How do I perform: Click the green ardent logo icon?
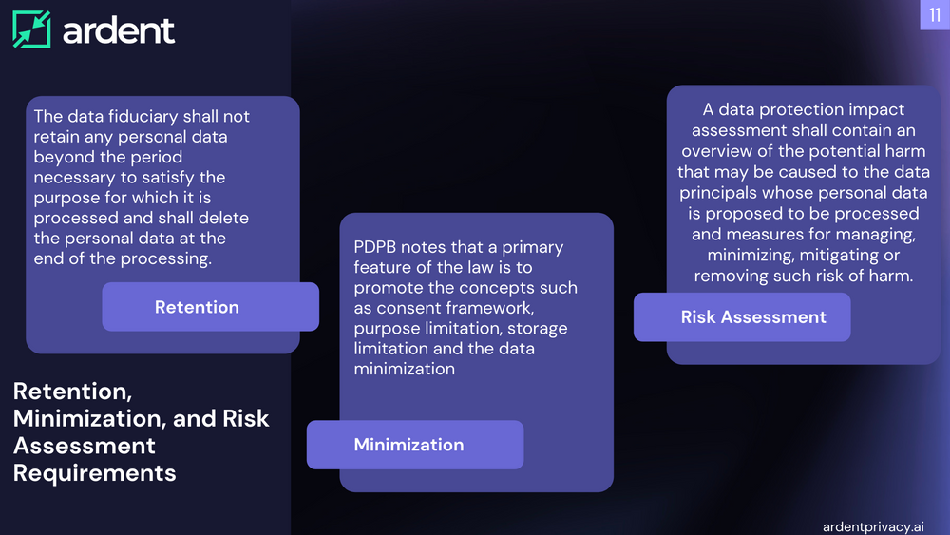tap(31, 29)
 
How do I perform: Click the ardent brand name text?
tap(119, 30)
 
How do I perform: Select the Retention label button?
tap(197, 307)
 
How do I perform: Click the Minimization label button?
tap(408, 445)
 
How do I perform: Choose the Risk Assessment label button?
tap(753, 317)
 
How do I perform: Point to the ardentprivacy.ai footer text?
tap(874, 525)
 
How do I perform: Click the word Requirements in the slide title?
tap(95, 472)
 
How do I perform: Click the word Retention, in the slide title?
tap(70, 391)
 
